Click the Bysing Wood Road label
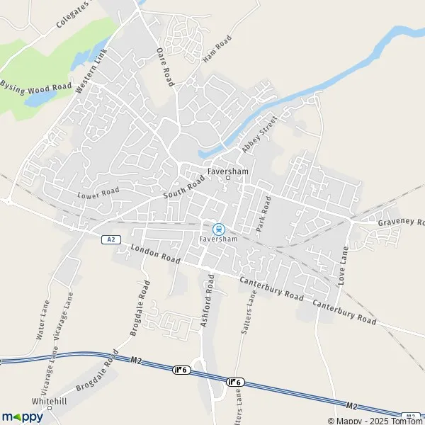tap(36, 86)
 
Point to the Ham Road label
tap(217, 48)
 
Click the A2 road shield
tap(109, 239)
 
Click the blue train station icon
tap(219, 228)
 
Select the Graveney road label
tap(400, 222)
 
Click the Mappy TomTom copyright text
tap(375, 420)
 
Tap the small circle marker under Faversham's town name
tap(227, 178)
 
